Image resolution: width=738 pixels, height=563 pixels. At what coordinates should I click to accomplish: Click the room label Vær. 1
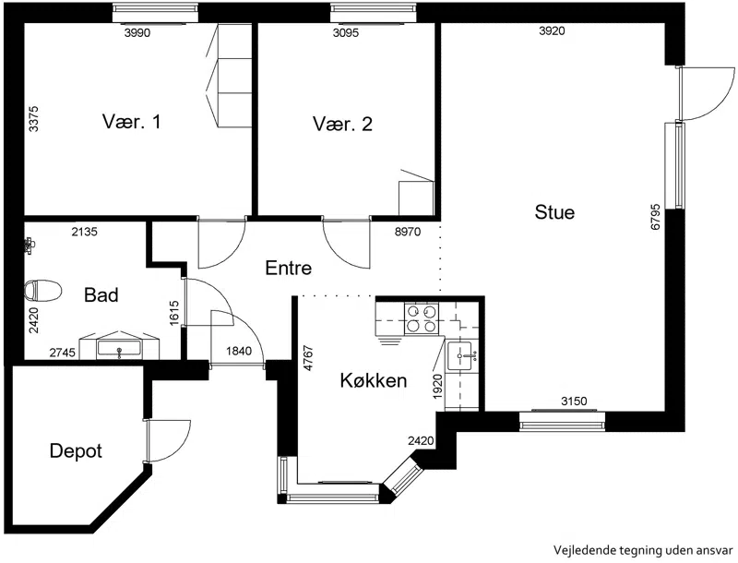click(131, 122)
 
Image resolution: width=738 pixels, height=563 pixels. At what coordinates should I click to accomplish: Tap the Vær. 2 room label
click(342, 124)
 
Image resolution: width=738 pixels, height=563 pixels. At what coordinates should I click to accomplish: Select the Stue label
click(554, 212)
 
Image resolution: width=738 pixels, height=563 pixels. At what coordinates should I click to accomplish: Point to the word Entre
click(289, 268)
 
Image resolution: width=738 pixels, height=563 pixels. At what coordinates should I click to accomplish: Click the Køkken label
click(374, 380)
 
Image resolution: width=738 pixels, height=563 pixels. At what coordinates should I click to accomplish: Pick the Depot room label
click(76, 451)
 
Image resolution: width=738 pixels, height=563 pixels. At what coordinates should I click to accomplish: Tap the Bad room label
click(101, 295)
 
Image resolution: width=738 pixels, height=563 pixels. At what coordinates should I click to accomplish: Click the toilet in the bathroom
click(42, 291)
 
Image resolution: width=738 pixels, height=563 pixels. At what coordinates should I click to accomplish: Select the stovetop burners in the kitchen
click(421, 318)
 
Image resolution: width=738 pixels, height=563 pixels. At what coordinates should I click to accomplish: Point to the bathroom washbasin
click(119, 348)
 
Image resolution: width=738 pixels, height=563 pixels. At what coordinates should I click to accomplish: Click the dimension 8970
click(408, 232)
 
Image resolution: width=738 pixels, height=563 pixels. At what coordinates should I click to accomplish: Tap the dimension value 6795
click(655, 217)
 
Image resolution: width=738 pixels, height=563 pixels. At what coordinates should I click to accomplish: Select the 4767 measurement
click(308, 358)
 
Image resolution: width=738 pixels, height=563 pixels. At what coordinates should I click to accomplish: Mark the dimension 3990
click(137, 32)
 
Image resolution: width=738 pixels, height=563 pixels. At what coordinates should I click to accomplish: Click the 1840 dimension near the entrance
click(239, 351)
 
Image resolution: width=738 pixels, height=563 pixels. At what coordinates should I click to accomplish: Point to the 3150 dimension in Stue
click(574, 401)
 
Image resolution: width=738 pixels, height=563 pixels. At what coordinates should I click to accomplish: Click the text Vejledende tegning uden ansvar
click(642, 550)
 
